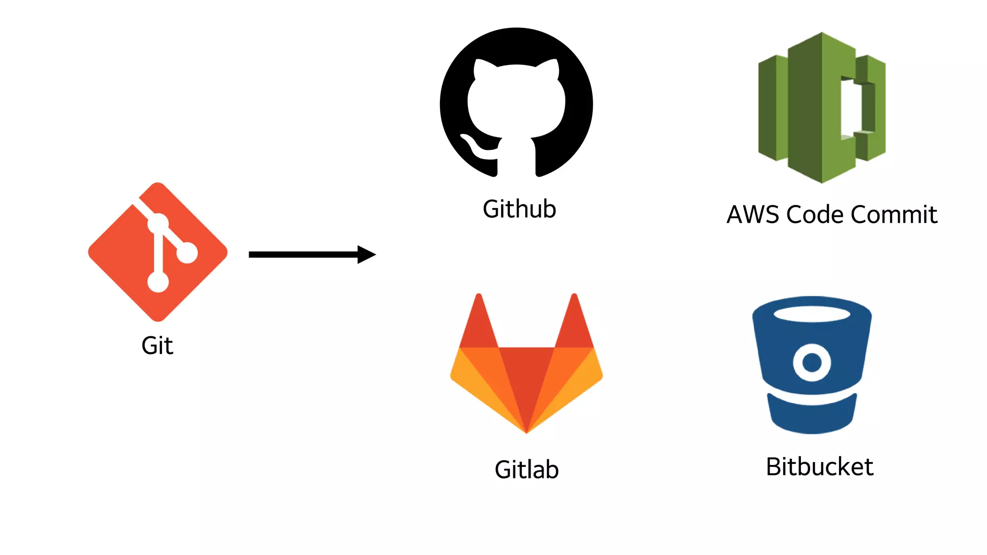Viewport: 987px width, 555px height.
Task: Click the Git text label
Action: [157, 346]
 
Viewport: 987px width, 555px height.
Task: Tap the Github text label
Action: [520, 210]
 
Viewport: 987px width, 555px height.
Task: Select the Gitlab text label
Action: [526, 470]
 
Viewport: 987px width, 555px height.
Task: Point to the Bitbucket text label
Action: [819, 467]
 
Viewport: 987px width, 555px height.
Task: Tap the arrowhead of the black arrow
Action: [366, 254]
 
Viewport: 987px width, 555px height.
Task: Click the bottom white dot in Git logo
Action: [158, 282]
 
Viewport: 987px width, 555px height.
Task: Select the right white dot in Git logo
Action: [187, 252]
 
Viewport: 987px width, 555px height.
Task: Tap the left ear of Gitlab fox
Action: [479, 320]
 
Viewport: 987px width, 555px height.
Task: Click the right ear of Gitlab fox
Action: [574, 320]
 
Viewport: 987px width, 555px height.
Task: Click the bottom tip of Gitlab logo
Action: [526, 430]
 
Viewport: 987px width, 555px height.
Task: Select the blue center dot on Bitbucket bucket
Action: [812, 362]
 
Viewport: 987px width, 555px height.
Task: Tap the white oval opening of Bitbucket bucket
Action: [812, 314]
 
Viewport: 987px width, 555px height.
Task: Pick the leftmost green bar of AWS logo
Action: [767, 108]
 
